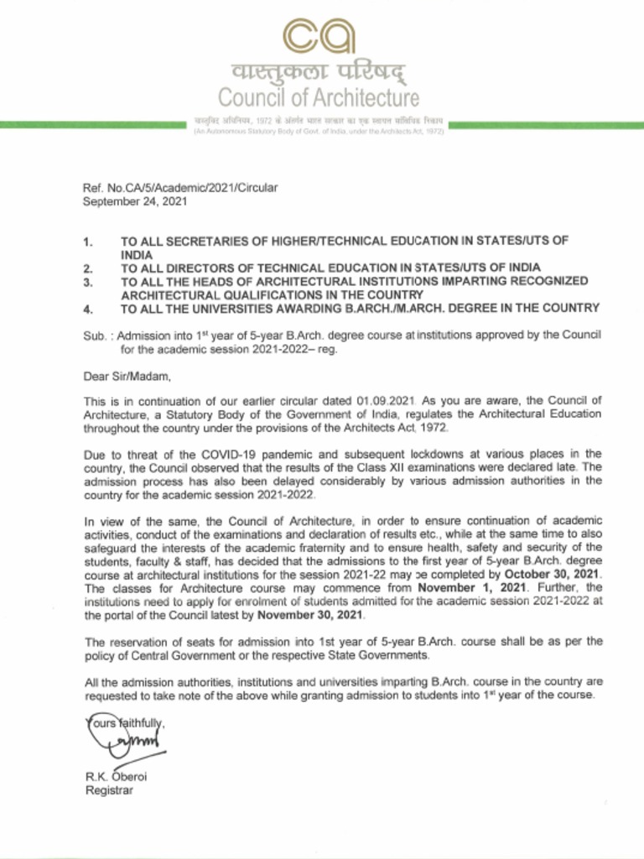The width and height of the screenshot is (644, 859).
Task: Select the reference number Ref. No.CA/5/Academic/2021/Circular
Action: tap(179, 187)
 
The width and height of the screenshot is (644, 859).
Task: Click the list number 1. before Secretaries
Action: tap(88, 242)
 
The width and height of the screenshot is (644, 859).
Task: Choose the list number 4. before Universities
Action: tap(88, 309)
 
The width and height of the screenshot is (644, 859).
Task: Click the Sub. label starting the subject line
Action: tap(94, 336)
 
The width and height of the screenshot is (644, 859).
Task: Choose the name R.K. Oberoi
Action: tap(116, 776)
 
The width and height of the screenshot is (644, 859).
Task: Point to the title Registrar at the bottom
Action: tap(109, 790)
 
